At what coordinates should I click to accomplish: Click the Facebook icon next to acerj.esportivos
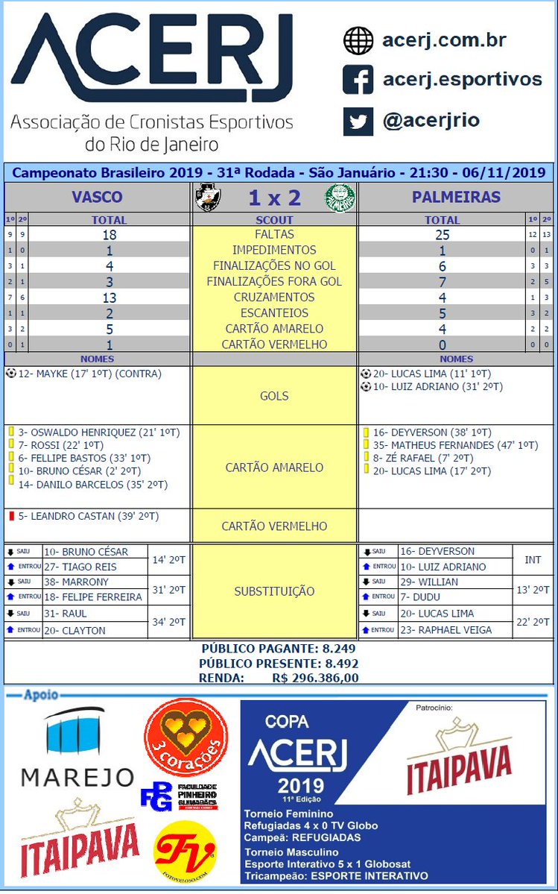(x=358, y=80)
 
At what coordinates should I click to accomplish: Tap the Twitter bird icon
(x=358, y=121)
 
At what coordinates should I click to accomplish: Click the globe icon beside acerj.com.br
(x=358, y=40)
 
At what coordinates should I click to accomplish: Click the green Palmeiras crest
(x=340, y=198)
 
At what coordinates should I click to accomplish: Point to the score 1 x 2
(x=273, y=198)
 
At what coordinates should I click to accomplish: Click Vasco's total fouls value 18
(x=109, y=234)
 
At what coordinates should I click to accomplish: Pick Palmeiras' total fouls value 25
(x=442, y=234)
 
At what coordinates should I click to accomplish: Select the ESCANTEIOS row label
(x=274, y=312)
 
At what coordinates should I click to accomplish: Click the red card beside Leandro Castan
(x=11, y=516)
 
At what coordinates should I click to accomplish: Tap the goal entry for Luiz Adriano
(x=431, y=386)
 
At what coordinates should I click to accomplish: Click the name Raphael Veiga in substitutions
(x=446, y=629)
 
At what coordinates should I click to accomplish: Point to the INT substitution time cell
(x=533, y=559)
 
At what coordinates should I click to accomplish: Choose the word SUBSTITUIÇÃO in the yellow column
(x=274, y=591)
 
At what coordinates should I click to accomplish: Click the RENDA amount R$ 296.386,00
(x=315, y=678)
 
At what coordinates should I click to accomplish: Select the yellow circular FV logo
(x=185, y=850)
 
